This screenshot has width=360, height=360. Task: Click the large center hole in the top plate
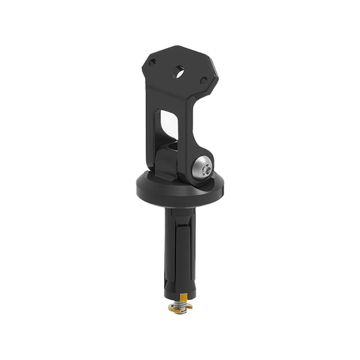coord(180,71)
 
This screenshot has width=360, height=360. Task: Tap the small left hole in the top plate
coord(153,62)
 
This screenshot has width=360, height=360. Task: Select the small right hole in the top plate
coord(204,80)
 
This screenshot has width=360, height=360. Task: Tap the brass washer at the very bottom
coord(180,308)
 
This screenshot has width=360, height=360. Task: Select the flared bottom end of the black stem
coord(179,287)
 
